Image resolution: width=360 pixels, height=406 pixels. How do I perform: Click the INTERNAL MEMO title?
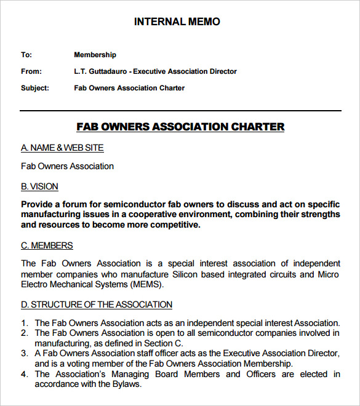point(177,22)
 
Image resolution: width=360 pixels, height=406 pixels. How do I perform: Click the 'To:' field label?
point(26,55)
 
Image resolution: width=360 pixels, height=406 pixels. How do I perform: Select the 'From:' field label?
point(31,71)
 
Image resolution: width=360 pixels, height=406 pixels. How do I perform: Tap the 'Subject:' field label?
point(34,88)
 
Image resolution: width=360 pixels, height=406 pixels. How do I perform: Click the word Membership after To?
point(95,55)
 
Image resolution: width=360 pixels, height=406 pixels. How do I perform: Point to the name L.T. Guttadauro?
point(102,71)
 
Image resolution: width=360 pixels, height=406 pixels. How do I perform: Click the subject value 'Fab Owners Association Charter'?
point(129,88)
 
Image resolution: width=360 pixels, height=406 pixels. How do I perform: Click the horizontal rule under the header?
point(180,111)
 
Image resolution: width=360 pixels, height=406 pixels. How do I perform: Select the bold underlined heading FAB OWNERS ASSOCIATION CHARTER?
point(180,127)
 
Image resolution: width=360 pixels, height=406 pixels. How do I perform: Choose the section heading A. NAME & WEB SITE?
point(62,148)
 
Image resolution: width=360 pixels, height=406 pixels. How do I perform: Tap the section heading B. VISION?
point(39,186)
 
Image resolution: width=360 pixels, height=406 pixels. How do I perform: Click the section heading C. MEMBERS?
point(47,245)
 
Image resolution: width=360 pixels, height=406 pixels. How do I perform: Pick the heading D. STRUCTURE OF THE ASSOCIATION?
point(97,304)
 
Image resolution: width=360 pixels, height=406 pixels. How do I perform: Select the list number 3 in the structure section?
point(24,354)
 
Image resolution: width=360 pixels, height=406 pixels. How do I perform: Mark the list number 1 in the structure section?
point(24,323)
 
